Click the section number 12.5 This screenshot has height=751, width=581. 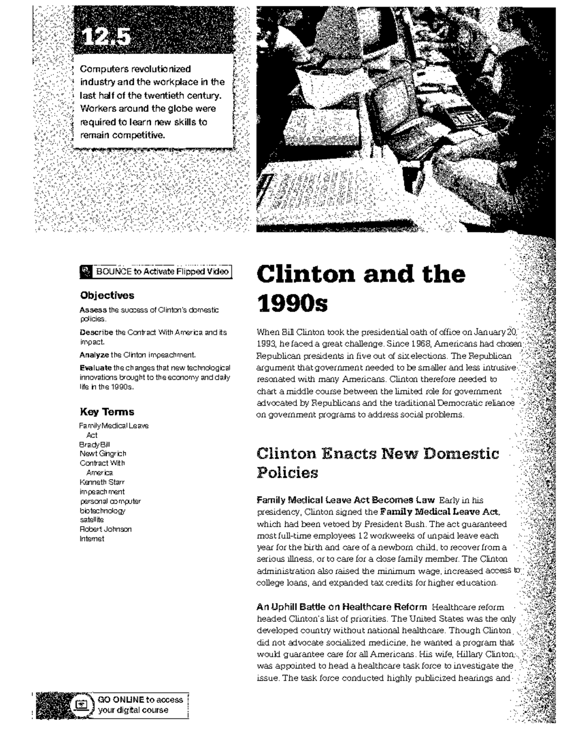point(106,37)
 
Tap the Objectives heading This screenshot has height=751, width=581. point(107,296)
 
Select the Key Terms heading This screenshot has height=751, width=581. point(107,412)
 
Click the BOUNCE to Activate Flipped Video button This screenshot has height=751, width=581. point(155,272)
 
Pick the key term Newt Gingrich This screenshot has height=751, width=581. point(103,454)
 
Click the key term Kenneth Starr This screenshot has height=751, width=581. point(102,482)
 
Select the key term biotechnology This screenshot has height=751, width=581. point(102,510)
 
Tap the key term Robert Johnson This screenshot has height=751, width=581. point(106,529)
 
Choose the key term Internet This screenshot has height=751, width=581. point(92,539)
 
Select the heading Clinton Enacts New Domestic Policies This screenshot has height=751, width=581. point(378,463)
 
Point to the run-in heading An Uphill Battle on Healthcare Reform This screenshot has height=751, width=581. point(341,607)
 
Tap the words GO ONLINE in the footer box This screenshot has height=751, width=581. point(121,700)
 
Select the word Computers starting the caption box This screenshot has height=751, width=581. point(101,69)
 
